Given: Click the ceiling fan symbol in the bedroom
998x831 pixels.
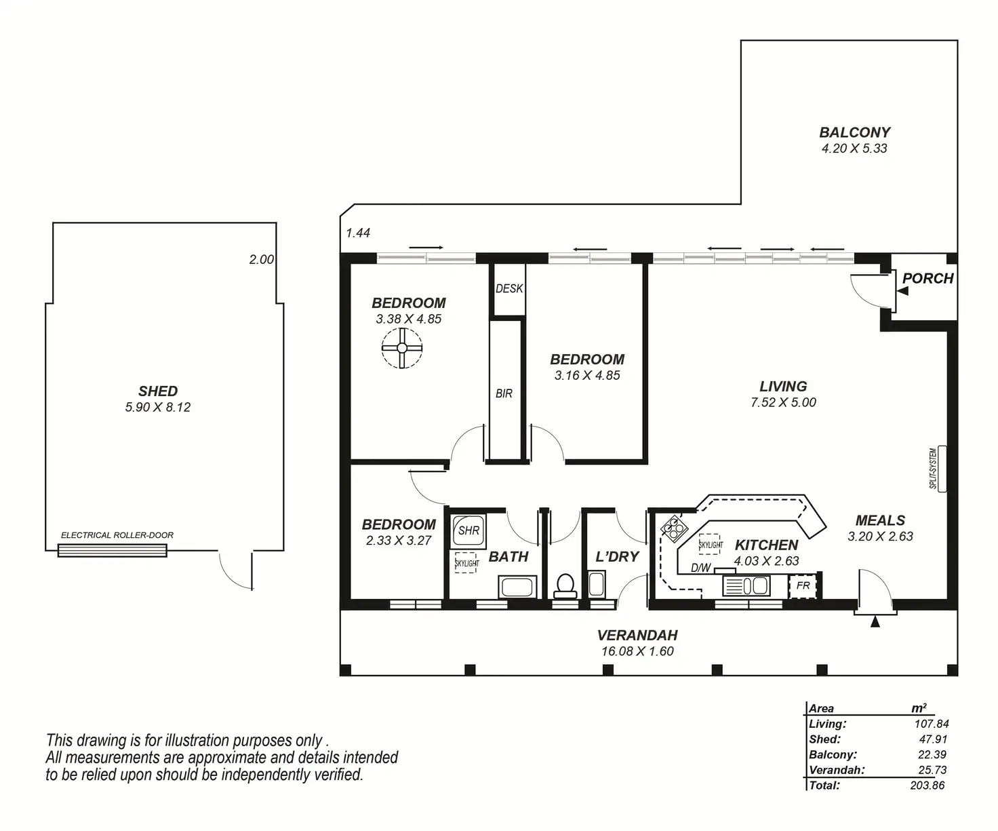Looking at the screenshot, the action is pyautogui.click(x=402, y=348).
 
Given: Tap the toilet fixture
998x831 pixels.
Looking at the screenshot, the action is pyautogui.click(x=565, y=586).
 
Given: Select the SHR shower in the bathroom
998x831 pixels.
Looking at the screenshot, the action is pyautogui.click(x=468, y=530).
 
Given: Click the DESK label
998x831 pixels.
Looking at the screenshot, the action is pyautogui.click(x=510, y=288).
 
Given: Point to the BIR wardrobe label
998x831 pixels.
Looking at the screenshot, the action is pyautogui.click(x=504, y=393).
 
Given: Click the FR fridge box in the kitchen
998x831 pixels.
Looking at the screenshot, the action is pyautogui.click(x=803, y=585).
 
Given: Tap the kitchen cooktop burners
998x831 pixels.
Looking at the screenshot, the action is pyautogui.click(x=674, y=528).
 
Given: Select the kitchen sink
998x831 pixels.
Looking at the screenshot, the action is pyautogui.click(x=746, y=585).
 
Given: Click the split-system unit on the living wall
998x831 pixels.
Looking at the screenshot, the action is pyautogui.click(x=942, y=468).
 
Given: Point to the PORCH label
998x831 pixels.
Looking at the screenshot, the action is pyautogui.click(x=927, y=278).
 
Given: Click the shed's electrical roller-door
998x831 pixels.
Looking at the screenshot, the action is pyautogui.click(x=113, y=551).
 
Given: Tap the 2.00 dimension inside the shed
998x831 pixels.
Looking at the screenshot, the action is pyautogui.click(x=262, y=259).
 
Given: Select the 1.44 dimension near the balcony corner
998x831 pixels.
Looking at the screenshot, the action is pyautogui.click(x=358, y=233).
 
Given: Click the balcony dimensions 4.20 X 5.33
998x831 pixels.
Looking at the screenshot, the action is pyautogui.click(x=854, y=149).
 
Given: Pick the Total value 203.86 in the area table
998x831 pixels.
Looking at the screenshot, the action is pyautogui.click(x=927, y=785).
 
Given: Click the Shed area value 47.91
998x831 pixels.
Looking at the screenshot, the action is pyautogui.click(x=933, y=739).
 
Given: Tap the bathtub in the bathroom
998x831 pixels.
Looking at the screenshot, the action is pyautogui.click(x=517, y=587).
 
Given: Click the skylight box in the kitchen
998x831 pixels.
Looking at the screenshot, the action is pyautogui.click(x=711, y=545).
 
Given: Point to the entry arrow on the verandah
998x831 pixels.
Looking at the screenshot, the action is pyautogui.click(x=875, y=621).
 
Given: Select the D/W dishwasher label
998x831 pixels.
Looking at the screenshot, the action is pyautogui.click(x=701, y=568).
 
